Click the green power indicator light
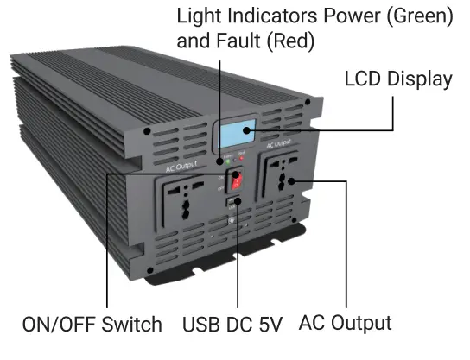pos(226,160)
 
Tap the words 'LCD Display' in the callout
pos(397,79)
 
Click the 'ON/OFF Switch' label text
pos(92,325)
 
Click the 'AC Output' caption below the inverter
pos(345,323)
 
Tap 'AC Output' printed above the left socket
pos(181,161)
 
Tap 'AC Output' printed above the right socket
pos(281,144)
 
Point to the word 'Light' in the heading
pos(198,16)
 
